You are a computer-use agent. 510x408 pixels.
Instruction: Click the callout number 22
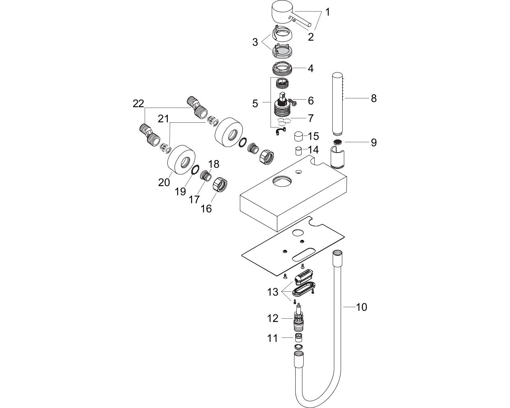pos(138,104)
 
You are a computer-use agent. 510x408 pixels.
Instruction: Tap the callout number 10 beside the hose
pos(362,307)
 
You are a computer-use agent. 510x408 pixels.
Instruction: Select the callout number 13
pos(273,292)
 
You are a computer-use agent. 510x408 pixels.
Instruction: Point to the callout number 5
pos(255,104)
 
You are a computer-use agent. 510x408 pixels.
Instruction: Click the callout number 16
pos(206,209)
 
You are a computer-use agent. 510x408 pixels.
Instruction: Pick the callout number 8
pos(374,98)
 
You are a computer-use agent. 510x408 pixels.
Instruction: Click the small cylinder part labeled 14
pos(298,151)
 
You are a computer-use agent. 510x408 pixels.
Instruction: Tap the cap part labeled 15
pos(298,137)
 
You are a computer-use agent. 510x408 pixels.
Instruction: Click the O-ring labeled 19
pos(195,171)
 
